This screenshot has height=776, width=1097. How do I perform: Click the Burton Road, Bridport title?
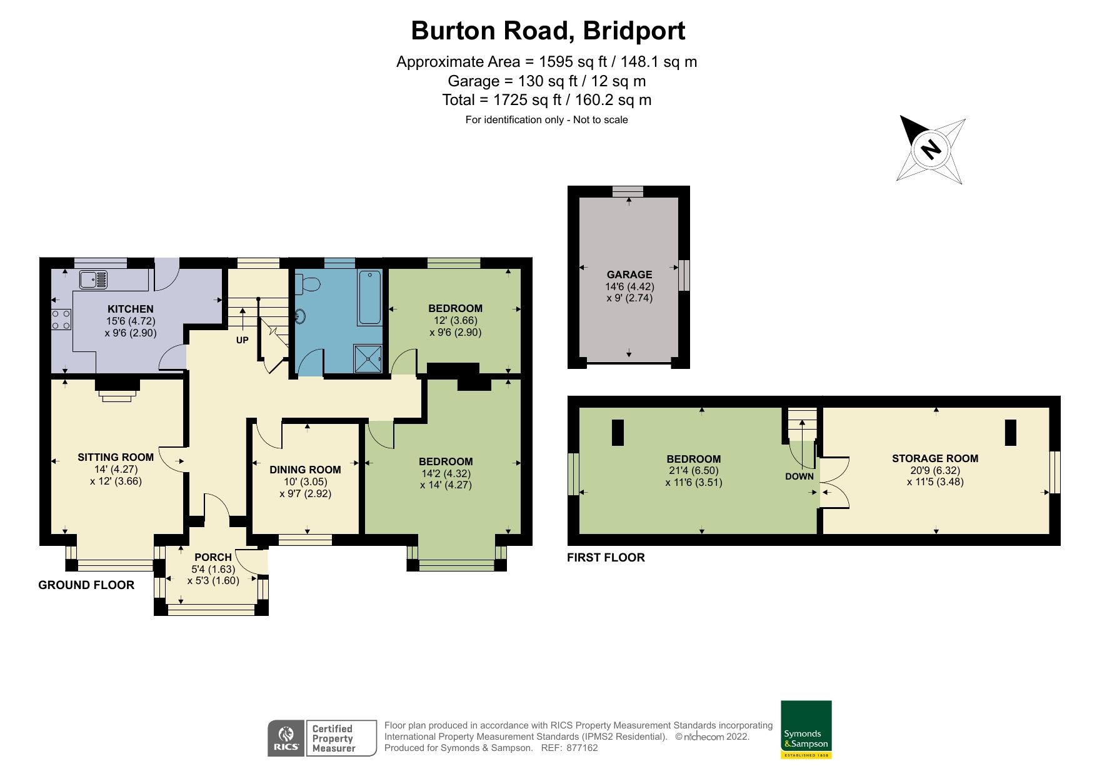(548, 31)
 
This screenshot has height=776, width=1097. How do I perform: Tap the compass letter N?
(931, 149)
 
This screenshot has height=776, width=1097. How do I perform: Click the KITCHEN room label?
(130, 309)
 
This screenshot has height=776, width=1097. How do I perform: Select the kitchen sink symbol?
(94, 279)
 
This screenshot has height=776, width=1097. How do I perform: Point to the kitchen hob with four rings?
(61, 320)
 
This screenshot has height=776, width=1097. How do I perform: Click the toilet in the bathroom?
(307, 285)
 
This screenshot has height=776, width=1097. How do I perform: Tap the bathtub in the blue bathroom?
(369, 297)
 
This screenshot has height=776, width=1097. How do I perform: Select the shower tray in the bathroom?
(368, 358)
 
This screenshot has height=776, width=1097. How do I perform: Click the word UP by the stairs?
(242, 340)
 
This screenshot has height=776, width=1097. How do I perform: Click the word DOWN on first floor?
(799, 476)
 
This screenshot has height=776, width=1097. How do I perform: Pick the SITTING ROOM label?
(115, 457)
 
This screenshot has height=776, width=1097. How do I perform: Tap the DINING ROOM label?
(305, 470)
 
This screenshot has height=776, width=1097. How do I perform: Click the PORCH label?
(213, 557)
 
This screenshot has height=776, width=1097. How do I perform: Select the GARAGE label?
(629, 275)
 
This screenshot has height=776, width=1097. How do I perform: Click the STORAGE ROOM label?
(934, 458)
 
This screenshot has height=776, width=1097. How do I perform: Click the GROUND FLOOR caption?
(86, 585)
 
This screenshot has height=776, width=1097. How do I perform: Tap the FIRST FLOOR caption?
(605, 557)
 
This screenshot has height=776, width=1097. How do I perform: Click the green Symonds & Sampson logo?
(806, 728)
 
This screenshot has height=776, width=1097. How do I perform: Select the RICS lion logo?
(286, 738)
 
